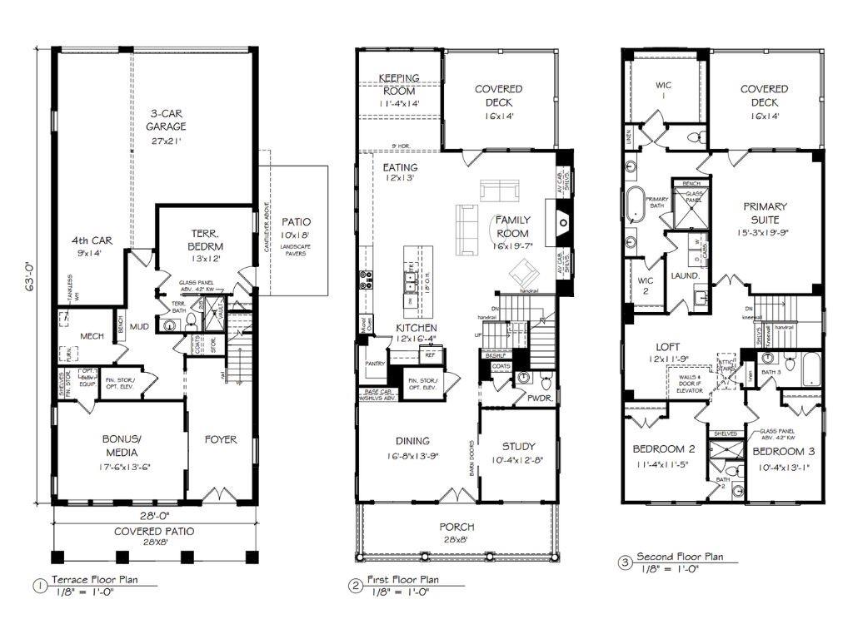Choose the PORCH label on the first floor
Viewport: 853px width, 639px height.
458,527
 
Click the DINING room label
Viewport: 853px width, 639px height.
412,441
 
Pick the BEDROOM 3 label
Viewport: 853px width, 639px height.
784,452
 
